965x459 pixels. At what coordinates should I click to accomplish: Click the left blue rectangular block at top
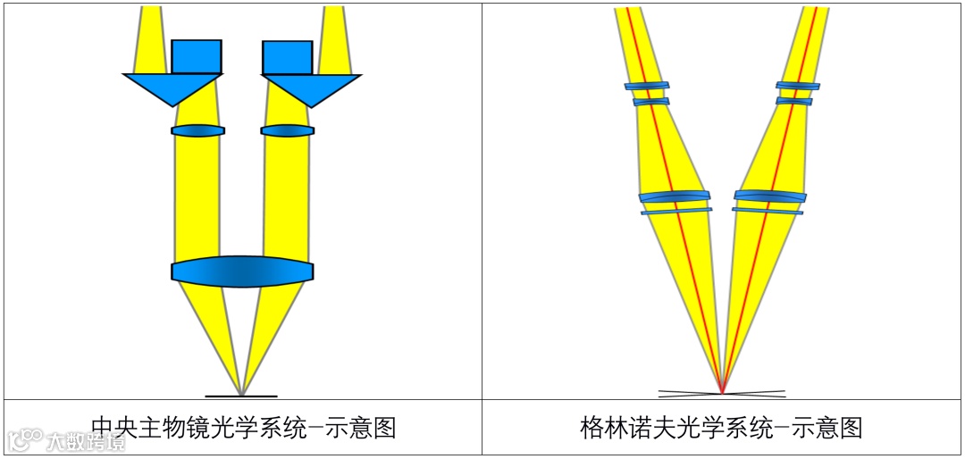click(196, 56)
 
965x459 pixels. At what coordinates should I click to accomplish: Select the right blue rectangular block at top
click(287, 57)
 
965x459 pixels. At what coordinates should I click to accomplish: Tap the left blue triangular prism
click(172, 88)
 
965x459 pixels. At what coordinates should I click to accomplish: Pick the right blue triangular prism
click(311, 88)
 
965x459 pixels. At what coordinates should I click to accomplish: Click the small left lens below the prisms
click(197, 130)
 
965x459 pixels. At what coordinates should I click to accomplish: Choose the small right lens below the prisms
click(287, 130)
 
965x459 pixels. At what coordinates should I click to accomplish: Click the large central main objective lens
click(242, 271)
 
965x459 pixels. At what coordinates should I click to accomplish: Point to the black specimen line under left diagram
click(241, 396)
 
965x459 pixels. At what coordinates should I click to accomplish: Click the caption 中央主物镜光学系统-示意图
click(243, 427)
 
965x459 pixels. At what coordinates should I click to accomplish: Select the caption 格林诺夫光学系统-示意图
click(721, 427)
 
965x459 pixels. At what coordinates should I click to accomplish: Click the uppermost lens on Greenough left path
click(646, 86)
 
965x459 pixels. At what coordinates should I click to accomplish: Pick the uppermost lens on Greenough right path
click(798, 86)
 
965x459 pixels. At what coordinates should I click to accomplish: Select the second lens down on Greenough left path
click(650, 102)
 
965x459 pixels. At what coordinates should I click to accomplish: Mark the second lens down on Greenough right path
click(793, 101)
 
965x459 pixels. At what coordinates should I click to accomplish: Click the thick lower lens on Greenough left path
click(675, 196)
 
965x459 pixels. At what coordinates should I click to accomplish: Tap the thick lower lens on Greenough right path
click(770, 196)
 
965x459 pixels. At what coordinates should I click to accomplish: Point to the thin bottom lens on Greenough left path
click(676, 211)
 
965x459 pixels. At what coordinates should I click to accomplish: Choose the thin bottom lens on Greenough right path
click(768, 211)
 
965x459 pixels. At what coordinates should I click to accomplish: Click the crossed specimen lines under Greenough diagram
click(722, 393)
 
